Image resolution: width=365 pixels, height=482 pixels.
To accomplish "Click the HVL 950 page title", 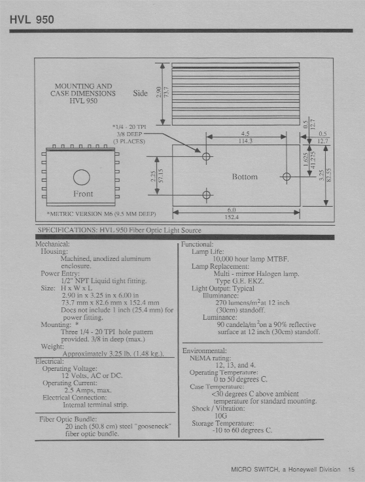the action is point(32,18).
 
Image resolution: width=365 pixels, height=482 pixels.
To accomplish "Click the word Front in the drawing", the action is point(82,194).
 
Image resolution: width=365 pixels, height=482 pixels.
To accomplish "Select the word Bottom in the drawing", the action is point(245,177).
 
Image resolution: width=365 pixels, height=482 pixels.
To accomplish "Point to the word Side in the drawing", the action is point(140,93).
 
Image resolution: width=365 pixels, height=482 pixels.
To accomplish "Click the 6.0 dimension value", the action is point(232,210).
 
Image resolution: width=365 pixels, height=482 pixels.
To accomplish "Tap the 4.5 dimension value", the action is point(245,133).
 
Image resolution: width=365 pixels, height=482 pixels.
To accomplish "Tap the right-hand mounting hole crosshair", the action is point(287,177).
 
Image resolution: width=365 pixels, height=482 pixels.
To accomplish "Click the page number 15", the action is point(351,468).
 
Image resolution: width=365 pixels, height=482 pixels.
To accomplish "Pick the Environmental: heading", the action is point(203,351).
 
